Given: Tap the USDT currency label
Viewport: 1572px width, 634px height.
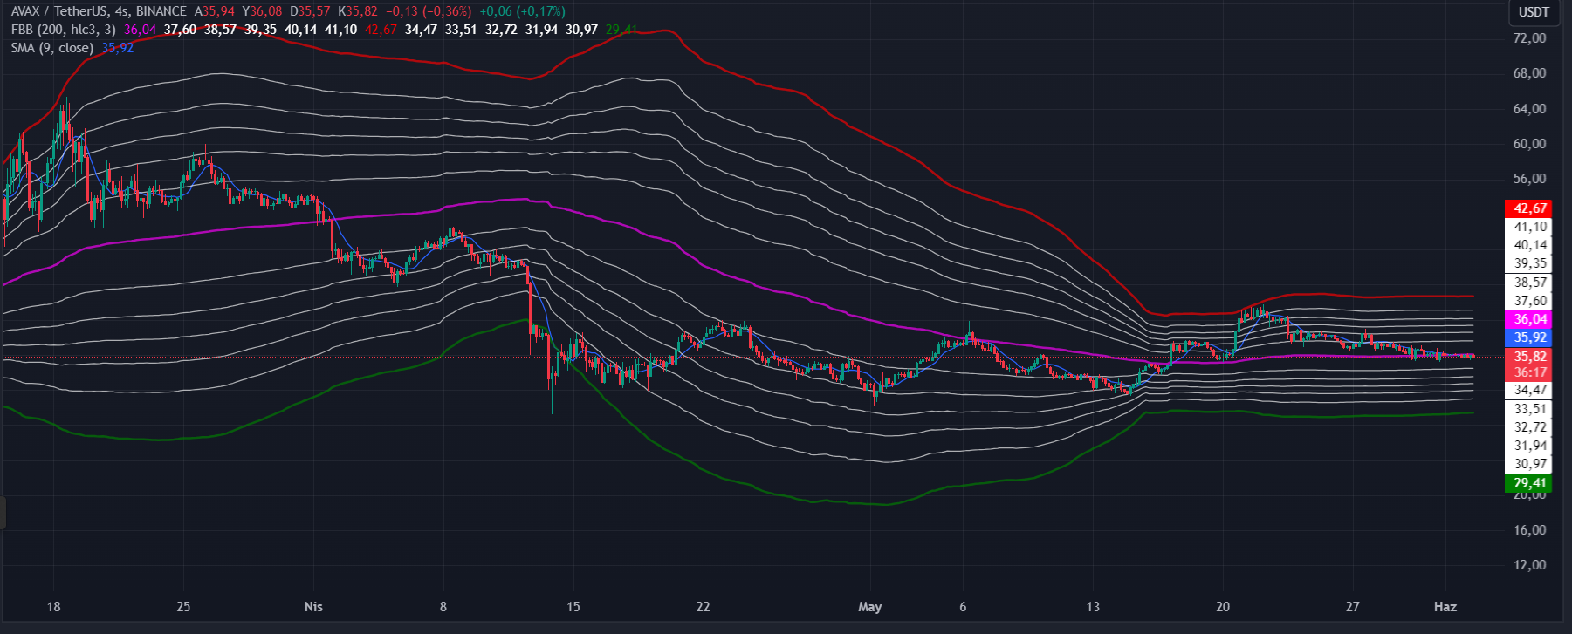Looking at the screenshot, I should tap(1534, 12).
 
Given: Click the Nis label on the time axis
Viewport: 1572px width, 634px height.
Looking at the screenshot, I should tap(313, 607).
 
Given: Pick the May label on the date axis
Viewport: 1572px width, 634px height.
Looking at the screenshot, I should tap(870, 607).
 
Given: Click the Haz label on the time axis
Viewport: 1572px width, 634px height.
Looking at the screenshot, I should tap(1445, 607).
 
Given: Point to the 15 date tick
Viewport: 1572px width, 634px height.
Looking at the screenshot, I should tap(573, 607).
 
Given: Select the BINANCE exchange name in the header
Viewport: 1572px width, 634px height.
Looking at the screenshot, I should tap(161, 11).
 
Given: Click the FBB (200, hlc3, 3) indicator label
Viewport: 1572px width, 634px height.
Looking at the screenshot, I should tap(63, 30).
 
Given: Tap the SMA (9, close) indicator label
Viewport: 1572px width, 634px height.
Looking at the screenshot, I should tap(51, 48).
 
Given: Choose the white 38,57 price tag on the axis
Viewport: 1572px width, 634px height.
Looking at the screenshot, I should tap(1529, 283).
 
